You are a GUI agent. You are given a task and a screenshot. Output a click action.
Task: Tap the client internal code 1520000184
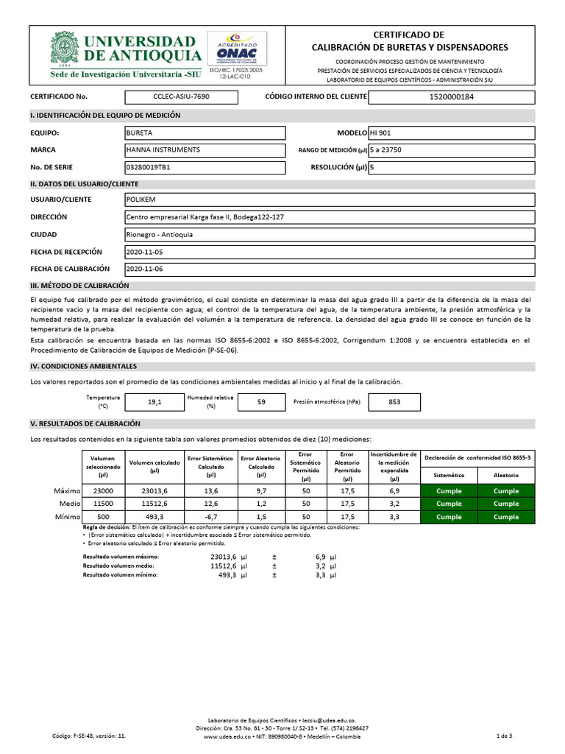click(451, 96)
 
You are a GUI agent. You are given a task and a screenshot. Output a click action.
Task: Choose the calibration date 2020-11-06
click(144, 269)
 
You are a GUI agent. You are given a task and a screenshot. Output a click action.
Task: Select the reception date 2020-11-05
click(144, 253)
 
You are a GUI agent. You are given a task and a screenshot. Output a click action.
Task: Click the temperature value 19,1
click(154, 402)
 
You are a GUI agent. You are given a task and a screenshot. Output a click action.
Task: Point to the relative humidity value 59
click(261, 402)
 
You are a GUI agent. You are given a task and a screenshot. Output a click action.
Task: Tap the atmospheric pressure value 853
click(394, 402)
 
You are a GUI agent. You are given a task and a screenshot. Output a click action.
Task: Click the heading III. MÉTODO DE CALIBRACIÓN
click(79, 286)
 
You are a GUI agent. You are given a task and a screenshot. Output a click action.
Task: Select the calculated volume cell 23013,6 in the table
click(154, 490)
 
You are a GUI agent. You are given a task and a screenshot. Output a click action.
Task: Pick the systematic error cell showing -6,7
click(210, 518)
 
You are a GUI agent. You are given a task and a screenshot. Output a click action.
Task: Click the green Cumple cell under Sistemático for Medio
click(449, 504)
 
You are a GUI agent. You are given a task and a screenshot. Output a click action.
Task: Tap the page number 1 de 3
click(505, 736)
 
